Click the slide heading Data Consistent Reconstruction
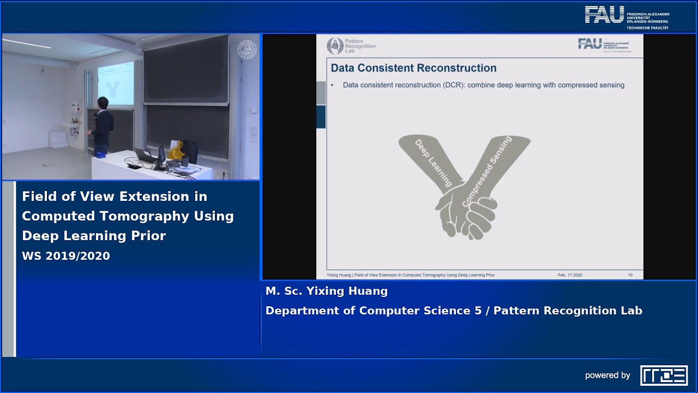click(x=413, y=68)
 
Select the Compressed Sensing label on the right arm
click(x=487, y=171)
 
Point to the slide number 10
click(x=630, y=275)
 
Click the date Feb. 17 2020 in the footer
click(x=570, y=275)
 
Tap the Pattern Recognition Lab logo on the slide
click(x=351, y=46)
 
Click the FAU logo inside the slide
click(x=603, y=45)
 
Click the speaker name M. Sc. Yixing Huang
click(x=327, y=291)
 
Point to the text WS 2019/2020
click(x=66, y=256)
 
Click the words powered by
click(x=607, y=376)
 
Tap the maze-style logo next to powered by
click(x=664, y=376)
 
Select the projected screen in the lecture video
click(x=116, y=85)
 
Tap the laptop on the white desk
click(x=145, y=156)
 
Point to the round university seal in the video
click(x=246, y=50)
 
